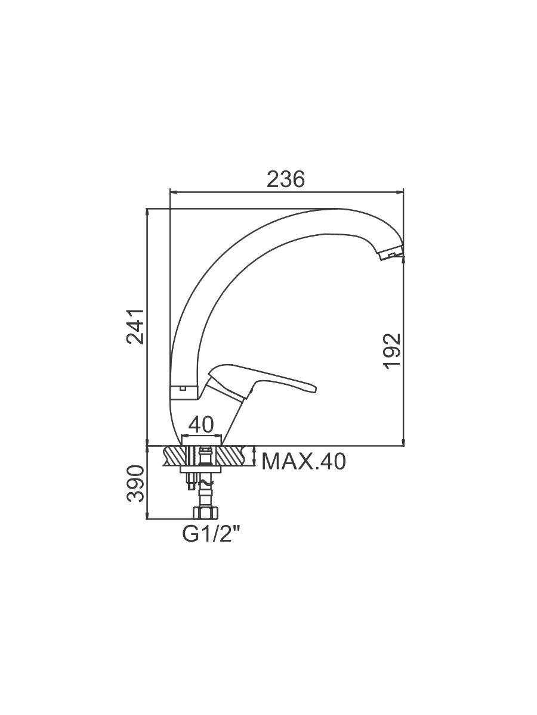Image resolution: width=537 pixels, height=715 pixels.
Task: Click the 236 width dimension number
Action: (x=285, y=179)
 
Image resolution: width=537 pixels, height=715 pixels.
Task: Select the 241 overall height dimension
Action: (x=135, y=326)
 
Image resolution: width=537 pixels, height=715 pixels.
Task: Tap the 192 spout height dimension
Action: (x=391, y=351)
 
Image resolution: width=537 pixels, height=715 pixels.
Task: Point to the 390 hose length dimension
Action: (x=135, y=484)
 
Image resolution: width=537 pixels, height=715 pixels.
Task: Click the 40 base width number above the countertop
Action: (x=201, y=424)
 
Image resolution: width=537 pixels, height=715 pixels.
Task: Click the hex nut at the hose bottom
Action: (x=205, y=513)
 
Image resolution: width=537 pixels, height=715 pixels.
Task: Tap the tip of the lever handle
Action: (x=315, y=389)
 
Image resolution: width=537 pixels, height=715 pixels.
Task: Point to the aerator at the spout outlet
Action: (x=391, y=253)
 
